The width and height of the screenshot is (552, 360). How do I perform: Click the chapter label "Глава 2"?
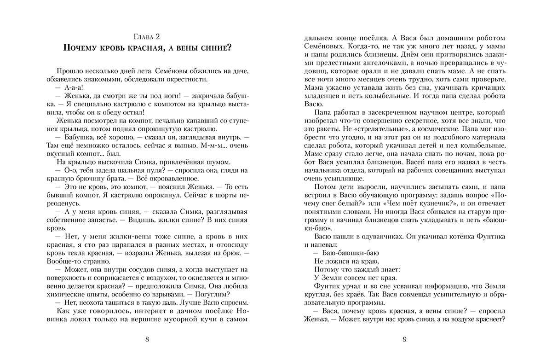[147, 37]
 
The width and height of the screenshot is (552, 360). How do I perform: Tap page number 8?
[147, 340]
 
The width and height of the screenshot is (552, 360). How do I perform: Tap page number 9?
[405, 340]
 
